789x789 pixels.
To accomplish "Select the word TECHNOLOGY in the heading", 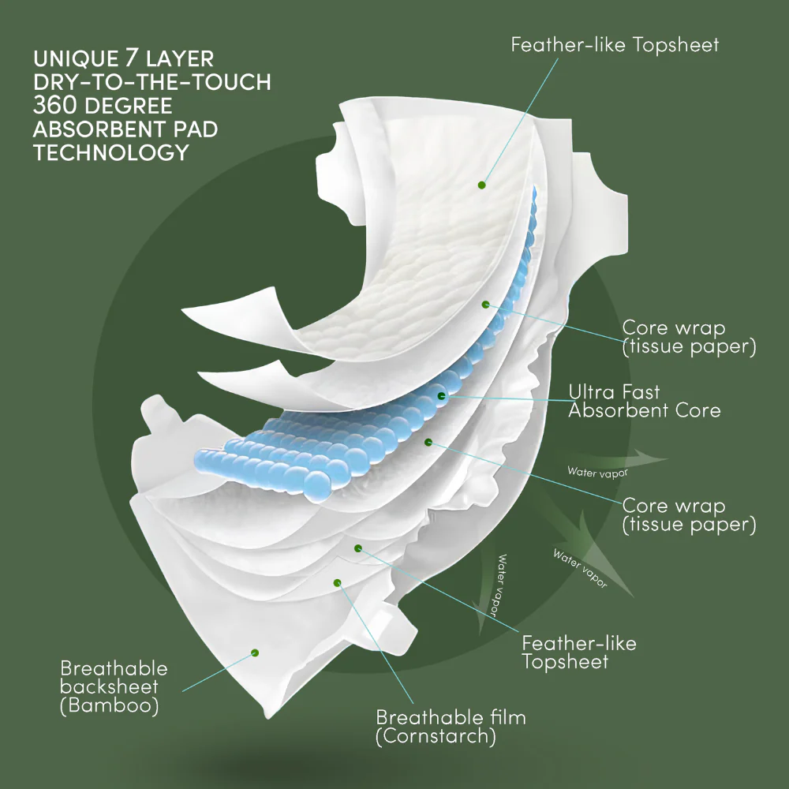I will [x=111, y=152].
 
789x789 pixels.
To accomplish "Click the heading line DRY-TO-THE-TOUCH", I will [x=151, y=81].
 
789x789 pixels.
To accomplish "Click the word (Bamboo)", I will [x=110, y=705].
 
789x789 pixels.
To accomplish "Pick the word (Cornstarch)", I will [x=436, y=737].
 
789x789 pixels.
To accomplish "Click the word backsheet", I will [x=109, y=686].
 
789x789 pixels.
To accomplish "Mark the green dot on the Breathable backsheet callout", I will [x=255, y=653].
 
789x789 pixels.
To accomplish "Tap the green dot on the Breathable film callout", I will [x=337, y=583].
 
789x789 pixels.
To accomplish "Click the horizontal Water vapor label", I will [x=597, y=472].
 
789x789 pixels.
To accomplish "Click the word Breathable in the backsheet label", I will [x=114, y=667].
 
